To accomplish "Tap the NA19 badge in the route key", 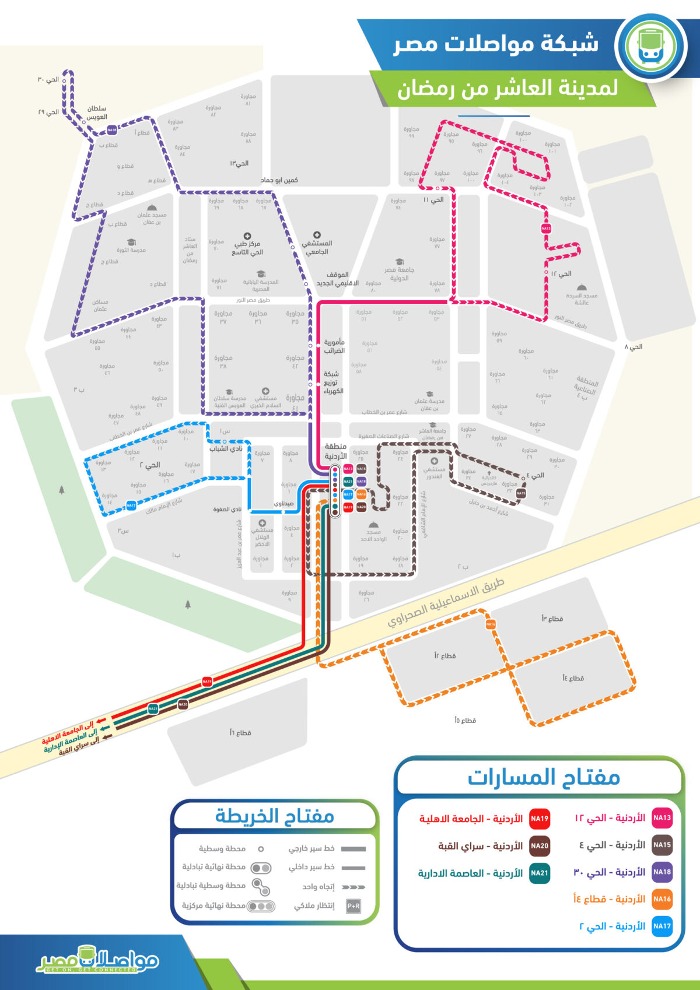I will coord(540,819).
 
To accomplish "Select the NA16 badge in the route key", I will coord(662,899).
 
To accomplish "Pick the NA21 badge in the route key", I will coord(540,873).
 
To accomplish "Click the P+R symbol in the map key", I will coord(353,906).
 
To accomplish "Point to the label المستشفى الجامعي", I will coord(317,247).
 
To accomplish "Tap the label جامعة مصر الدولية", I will coord(400,273).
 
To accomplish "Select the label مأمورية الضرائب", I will coord(334,346).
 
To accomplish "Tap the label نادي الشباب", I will coord(226,448).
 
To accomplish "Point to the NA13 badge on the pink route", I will coord(546,229).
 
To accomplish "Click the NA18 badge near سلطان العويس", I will coord(111,130).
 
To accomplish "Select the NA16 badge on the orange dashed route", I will coord(491,624).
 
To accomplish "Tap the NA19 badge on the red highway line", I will coord(207,681).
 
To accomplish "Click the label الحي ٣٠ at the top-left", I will coord(48,79).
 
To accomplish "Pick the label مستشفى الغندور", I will coord(434,472).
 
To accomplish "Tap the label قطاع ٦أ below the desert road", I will coord(240,732).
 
